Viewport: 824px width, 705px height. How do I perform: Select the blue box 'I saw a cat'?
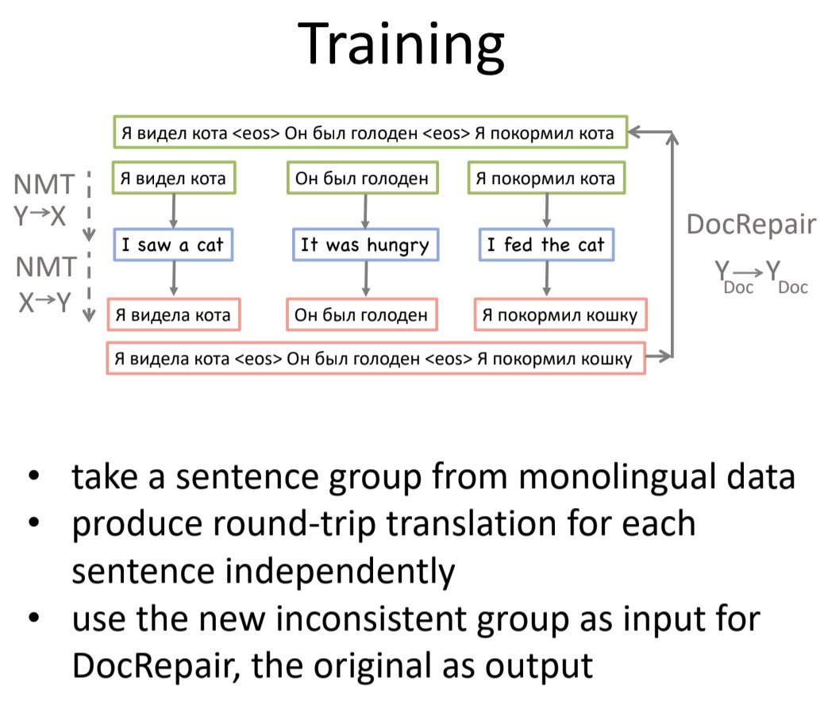pyautogui.click(x=173, y=245)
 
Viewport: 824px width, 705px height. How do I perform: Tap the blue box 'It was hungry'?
pyautogui.click(x=364, y=245)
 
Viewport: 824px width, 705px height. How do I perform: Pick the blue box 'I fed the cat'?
pyautogui.click(x=545, y=245)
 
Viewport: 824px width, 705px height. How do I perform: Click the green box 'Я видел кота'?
pyautogui.click(x=172, y=179)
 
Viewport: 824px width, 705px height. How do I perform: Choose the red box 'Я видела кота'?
pyautogui.click(x=173, y=315)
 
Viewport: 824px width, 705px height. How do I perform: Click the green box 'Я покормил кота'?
pyautogui.click(x=545, y=179)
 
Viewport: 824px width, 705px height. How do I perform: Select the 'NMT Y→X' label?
pyautogui.click(x=45, y=200)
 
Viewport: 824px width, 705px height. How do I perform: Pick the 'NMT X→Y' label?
pyautogui.click(x=45, y=284)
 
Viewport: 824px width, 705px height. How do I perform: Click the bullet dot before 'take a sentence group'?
pyautogui.click(x=33, y=478)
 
